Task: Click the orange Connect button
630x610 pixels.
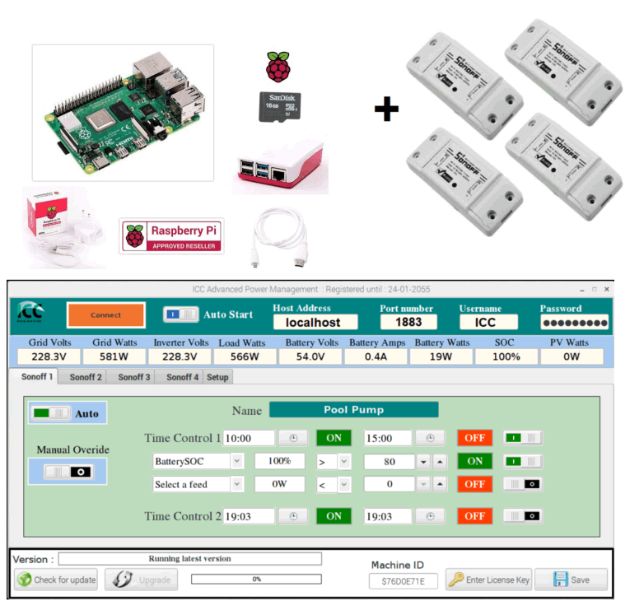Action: pos(106,315)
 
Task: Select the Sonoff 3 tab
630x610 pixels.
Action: pos(133,377)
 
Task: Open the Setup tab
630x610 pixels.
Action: pos(217,377)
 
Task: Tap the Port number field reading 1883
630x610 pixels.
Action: pos(408,323)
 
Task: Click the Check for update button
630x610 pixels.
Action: pos(56,580)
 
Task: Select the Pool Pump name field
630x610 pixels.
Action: pos(353,409)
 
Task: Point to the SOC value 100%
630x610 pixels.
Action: pos(506,356)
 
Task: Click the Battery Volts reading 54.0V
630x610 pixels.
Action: pos(310,356)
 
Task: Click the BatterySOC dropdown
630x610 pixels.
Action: pos(198,461)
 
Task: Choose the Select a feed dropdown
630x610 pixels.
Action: pos(198,484)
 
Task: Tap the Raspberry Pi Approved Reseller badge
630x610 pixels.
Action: pos(171,236)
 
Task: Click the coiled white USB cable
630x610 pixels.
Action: pos(278,240)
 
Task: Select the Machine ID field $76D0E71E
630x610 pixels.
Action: pos(398,581)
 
